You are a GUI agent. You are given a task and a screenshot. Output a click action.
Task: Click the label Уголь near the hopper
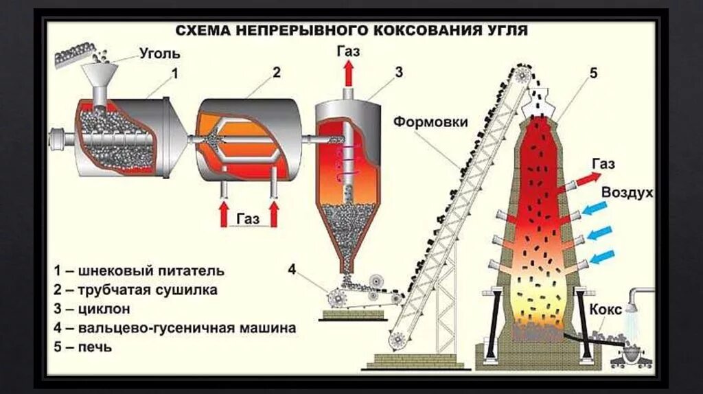[159, 54]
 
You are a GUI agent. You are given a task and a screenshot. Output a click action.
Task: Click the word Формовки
[430, 122]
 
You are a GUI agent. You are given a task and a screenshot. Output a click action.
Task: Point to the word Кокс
[605, 308]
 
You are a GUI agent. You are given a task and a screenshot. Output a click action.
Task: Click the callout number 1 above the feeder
[175, 72]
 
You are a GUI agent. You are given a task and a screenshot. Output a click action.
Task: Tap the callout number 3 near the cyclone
[398, 72]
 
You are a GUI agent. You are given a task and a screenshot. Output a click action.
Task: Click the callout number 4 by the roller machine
[292, 270]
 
